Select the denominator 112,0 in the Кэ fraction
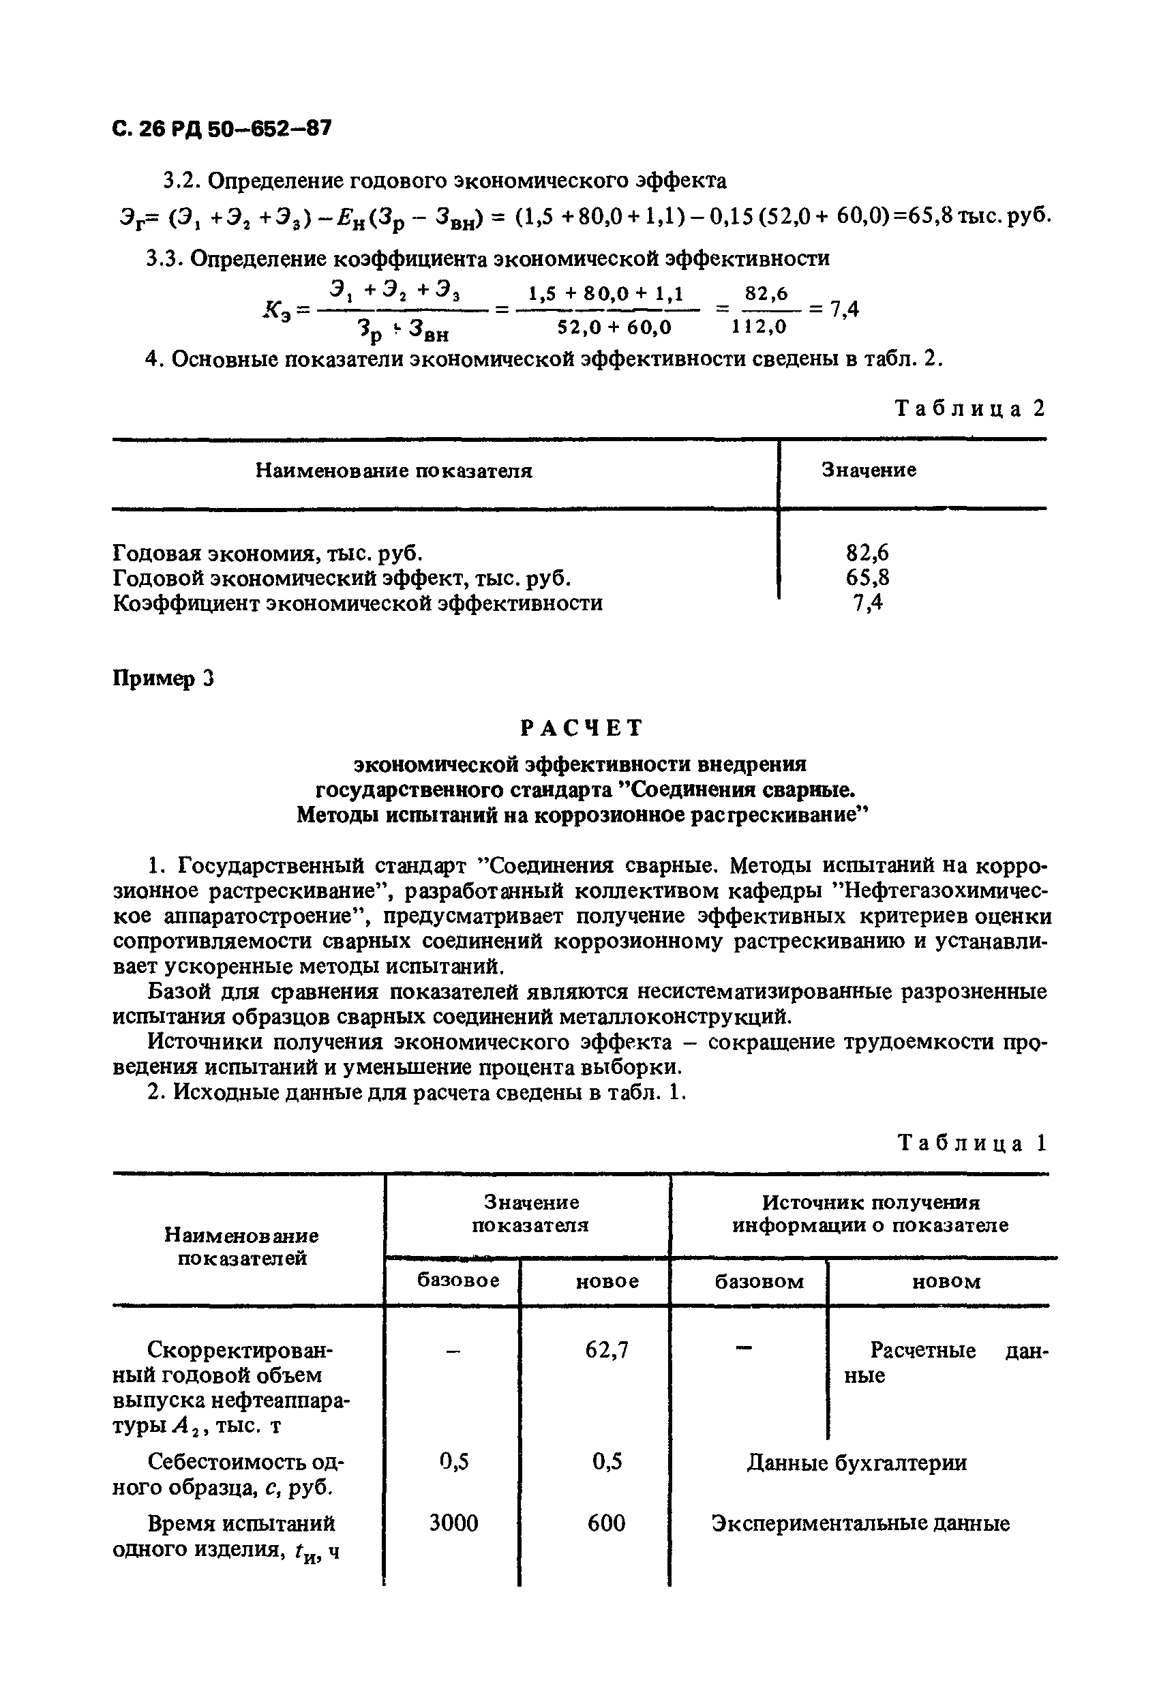(x=759, y=327)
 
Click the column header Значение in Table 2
(x=869, y=470)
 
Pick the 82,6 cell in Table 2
(x=867, y=553)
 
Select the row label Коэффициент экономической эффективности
(x=358, y=603)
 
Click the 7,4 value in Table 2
(x=867, y=603)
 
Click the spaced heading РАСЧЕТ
(x=582, y=727)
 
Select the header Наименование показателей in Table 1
(x=241, y=1246)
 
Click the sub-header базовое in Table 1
(x=457, y=1281)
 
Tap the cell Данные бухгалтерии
(x=857, y=1463)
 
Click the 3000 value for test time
(x=453, y=1523)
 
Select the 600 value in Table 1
(x=606, y=1523)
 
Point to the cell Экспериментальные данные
(x=860, y=1524)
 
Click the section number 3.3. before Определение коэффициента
(x=165, y=258)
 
